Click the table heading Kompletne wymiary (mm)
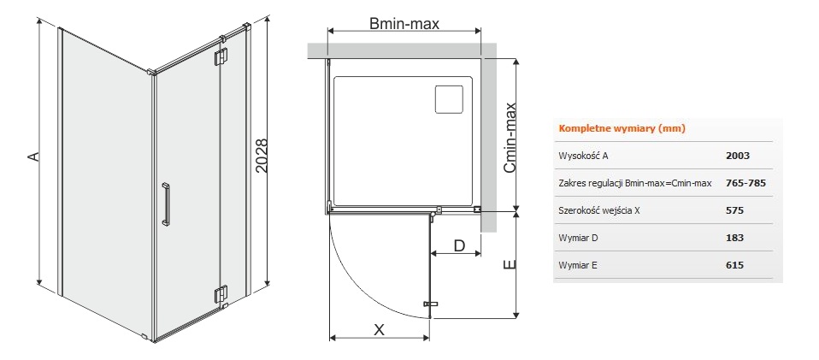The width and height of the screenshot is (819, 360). (622, 128)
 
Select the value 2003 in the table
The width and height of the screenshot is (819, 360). (738, 156)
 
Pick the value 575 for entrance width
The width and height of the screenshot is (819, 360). (735, 210)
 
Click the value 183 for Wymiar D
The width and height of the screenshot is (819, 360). (735, 238)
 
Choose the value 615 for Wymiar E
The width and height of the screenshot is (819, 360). (735, 265)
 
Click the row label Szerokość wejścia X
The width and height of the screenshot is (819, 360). (599, 210)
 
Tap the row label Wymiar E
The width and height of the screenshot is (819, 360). (578, 265)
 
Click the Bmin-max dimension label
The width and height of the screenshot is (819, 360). (404, 24)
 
